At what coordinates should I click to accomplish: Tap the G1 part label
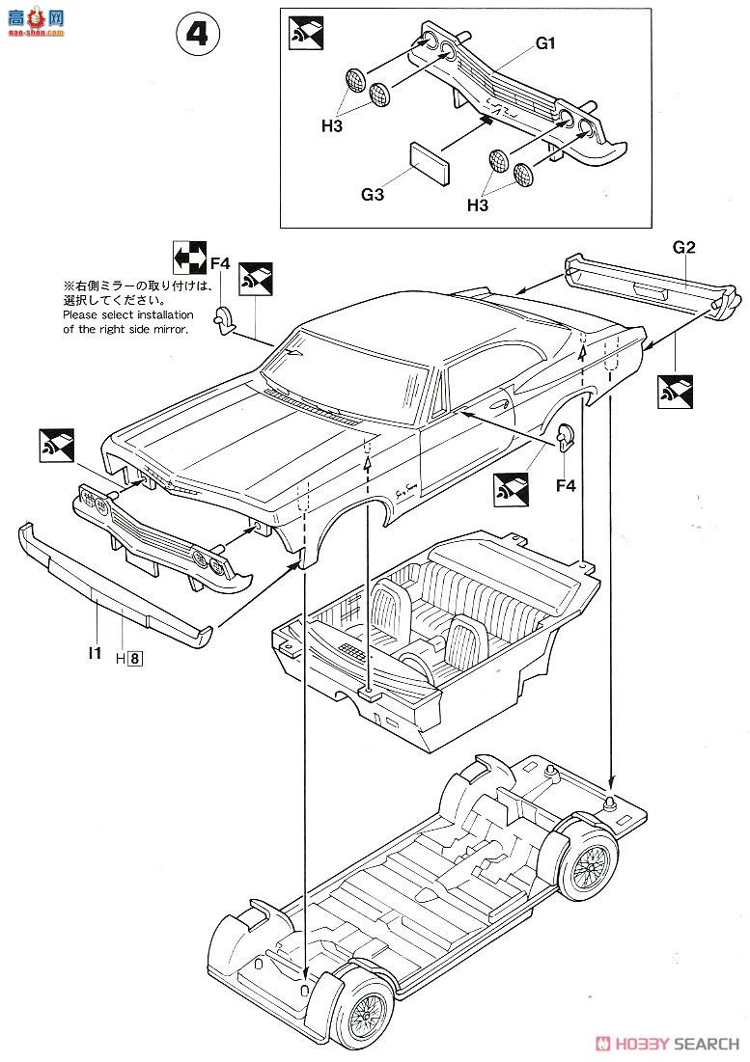tap(547, 43)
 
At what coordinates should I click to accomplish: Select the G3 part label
tap(375, 195)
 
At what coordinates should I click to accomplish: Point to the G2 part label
tap(683, 247)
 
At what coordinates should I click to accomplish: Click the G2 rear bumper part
tap(656, 286)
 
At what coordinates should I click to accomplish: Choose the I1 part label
tap(94, 653)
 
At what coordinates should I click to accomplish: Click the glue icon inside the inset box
tap(306, 35)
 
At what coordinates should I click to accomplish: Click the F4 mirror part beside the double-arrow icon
tap(226, 317)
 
